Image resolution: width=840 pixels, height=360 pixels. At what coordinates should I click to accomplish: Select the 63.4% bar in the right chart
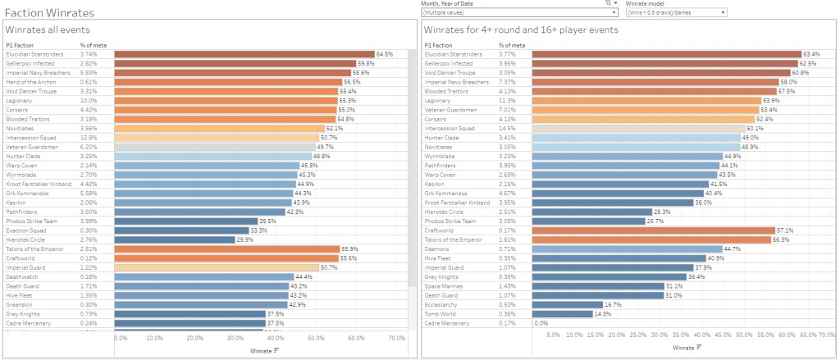point(666,54)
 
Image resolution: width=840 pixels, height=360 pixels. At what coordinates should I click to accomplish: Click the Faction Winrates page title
point(48,13)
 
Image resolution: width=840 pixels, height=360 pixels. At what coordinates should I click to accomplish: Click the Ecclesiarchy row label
point(443,303)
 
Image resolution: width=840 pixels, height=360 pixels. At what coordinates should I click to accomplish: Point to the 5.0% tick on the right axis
point(553,335)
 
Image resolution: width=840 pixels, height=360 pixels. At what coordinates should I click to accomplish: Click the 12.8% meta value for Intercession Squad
point(88,137)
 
